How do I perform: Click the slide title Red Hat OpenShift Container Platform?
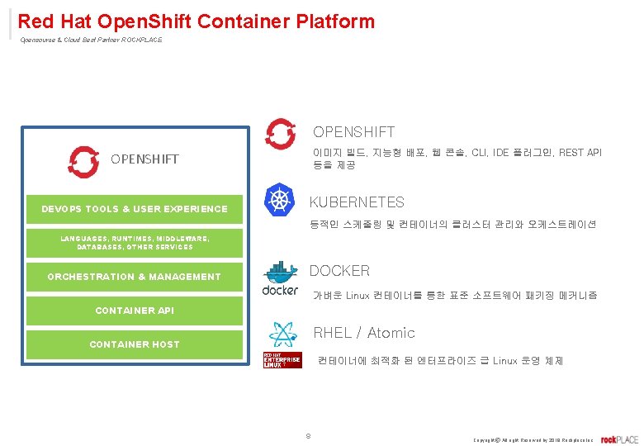(x=196, y=21)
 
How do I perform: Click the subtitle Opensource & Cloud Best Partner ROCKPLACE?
(x=91, y=40)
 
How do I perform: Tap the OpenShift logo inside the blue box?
(x=83, y=162)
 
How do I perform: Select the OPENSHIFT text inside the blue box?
(x=144, y=159)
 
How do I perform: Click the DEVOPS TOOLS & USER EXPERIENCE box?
(x=135, y=209)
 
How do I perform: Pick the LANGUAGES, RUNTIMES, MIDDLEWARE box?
(x=135, y=242)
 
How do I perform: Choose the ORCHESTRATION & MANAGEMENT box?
(x=135, y=277)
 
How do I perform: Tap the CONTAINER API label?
(x=135, y=311)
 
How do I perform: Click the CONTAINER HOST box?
(x=135, y=344)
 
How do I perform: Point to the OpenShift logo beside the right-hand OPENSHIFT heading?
(x=281, y=134)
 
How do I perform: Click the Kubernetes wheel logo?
(x=279, y=199)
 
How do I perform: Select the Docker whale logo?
(x=280, y=278)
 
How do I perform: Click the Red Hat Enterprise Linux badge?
(x=281, y=360)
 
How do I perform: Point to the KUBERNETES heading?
(x=357, y=202)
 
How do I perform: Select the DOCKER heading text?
(x=339, y=271)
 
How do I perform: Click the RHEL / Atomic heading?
(x=364, y=333)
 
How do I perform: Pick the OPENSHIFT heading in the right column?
(x=353, y=132)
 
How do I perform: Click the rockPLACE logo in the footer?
(x=619, y=439)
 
